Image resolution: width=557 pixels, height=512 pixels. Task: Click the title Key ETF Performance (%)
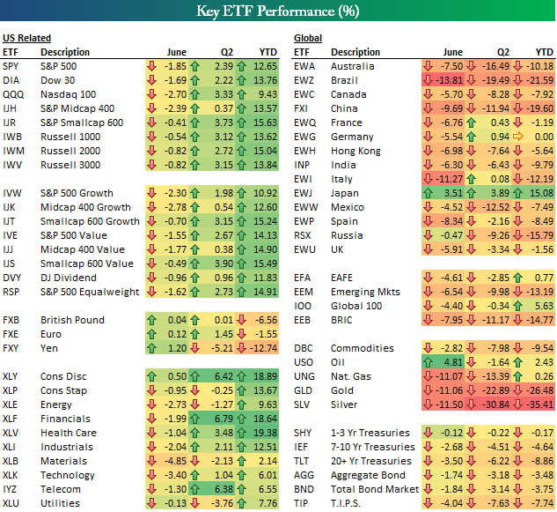(x=278, y=12)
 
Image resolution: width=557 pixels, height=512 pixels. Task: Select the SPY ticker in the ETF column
(x=12, y=66)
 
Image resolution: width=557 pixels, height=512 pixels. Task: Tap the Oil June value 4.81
(x=451, y=362)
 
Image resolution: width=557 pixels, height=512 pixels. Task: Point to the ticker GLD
(x=304, y=390)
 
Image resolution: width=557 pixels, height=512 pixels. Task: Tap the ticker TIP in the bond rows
(x=302, y=503)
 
